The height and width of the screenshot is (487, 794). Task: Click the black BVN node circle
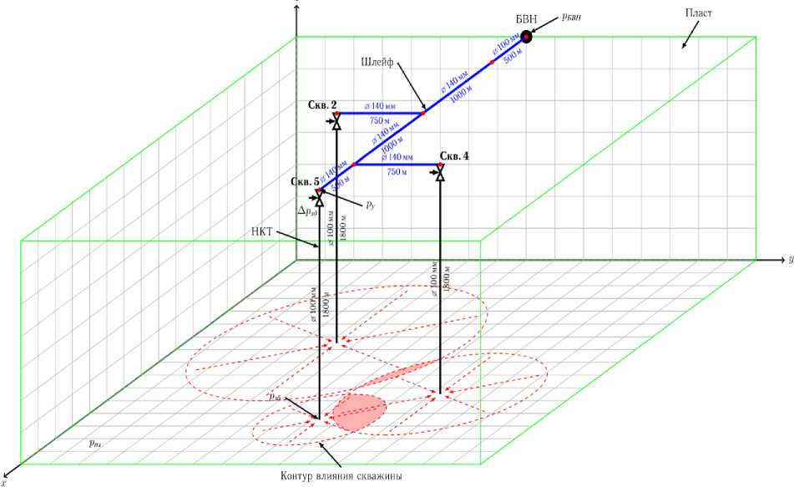pyautogui.click(x=527, y=36)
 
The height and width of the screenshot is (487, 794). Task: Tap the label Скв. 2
pyautogui.click(x=322, y=105)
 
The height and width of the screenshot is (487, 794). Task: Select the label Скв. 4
pyautogui.click(x=454, y=156)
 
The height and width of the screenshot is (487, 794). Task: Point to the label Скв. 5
pyautogui.click(x=305, y=181)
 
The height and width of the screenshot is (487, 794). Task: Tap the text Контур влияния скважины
pyautogui.click(x=342, y=476)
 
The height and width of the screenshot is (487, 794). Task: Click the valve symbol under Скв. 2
pyautogui.click(x=336, y=123)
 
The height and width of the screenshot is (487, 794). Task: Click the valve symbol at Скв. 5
pyautogui.click(x=319, y=199)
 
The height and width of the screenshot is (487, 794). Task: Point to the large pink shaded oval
pyautogui.click(x=360, y=410)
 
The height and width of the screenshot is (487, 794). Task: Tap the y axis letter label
pyautogui.click(x=789, y=259)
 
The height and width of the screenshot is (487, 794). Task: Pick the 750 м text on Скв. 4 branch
pyautogui.click(x=397, y=172)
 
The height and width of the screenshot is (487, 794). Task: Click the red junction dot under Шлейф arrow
pyautogui.click(x=423, y=112)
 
